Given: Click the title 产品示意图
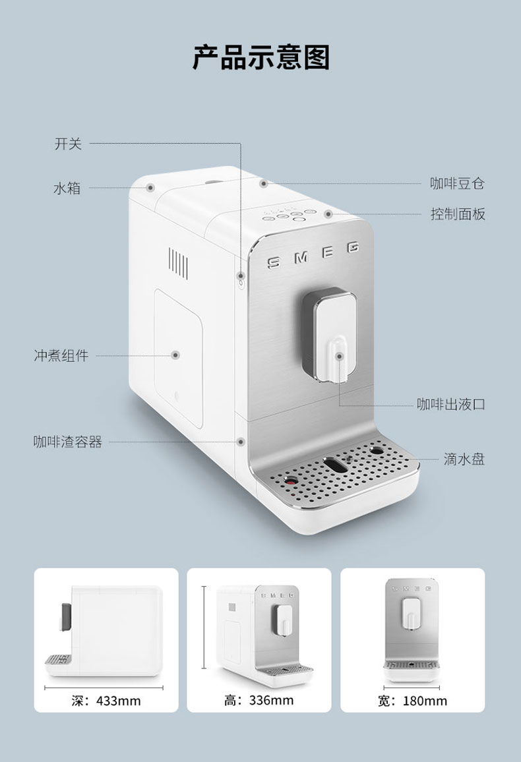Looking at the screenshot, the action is pyautogui.click(x=260, y=58).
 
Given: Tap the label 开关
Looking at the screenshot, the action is pyautogui.click(x=68, y=144).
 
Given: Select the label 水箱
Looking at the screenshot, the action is pyautogui.click(x=67, y=189).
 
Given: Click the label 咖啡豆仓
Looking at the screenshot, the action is pyautogui.click(x=457, y=183).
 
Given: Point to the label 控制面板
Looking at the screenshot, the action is pyautogui.click(x=457, y=214).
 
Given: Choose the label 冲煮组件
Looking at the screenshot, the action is pyautogui.click(x=61, y=356).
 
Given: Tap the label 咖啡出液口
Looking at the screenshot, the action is pyautogui.click(x=450, y=404).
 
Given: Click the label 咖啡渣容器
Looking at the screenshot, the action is pyautogui.click(x=68, y=442).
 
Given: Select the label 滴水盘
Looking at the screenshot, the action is pyautogui.click(x=464, y=459).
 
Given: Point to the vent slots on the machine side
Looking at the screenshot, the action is pyautogui.click(x=178, y=261).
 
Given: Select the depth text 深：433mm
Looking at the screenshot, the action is pyautogui.click(x=106, y=700).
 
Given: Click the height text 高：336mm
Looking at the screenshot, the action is pyautogui.click(x=259, y=699).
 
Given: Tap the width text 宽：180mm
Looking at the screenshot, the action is pyautogui.click(x=412, y=700).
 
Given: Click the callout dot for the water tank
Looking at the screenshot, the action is pyautogui.click(x=150, y=188).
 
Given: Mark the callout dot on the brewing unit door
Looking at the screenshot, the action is pyautogui.click(x=175, y=355).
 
